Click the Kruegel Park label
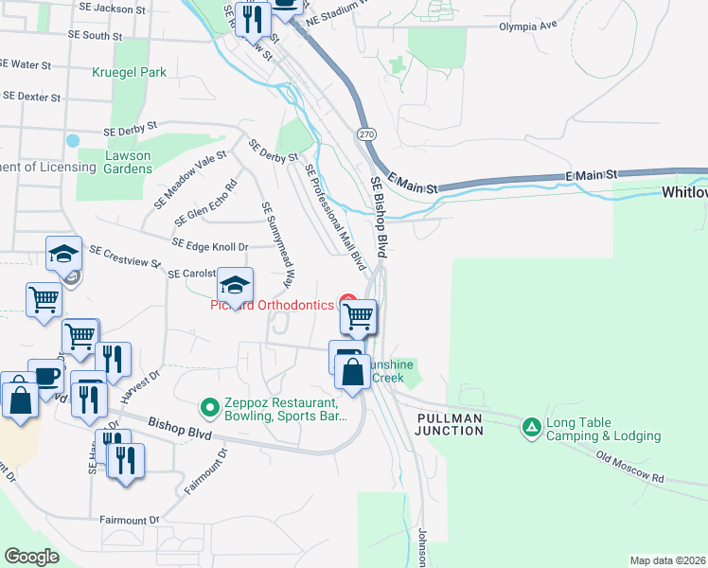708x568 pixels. (x=130, y=72)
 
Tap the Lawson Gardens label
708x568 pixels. (x=115, y=162)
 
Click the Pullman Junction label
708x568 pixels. (x=449, y=423)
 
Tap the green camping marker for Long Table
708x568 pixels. (x=533, y=429)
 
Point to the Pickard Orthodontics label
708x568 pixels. (x=272, y=306)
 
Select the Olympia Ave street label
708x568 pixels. (x=529, y=27)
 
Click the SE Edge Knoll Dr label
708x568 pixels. (x=210, y=245)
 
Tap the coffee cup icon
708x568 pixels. (x=45, y=376)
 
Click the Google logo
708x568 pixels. (x=31, y=556)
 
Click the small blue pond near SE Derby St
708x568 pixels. (x=73, y=141)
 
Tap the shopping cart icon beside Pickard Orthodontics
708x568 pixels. (x=359, y=316)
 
